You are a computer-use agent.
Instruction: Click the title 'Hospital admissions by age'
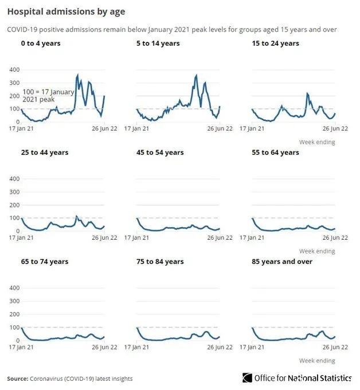[66, 11]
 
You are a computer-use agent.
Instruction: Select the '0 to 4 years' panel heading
[40, 44]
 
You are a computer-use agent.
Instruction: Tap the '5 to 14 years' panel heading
[158, 44]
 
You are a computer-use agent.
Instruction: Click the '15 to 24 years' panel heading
[275, 44]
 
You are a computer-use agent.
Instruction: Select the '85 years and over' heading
[283, 262]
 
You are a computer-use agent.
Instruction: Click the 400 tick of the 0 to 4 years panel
[14, 70]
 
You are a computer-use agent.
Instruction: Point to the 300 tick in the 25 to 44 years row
[14, 192]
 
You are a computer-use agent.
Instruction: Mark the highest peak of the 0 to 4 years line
[78, 75]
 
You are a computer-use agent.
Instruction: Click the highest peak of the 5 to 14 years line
[197, 75]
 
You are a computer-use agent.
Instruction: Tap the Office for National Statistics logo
[297, 378]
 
